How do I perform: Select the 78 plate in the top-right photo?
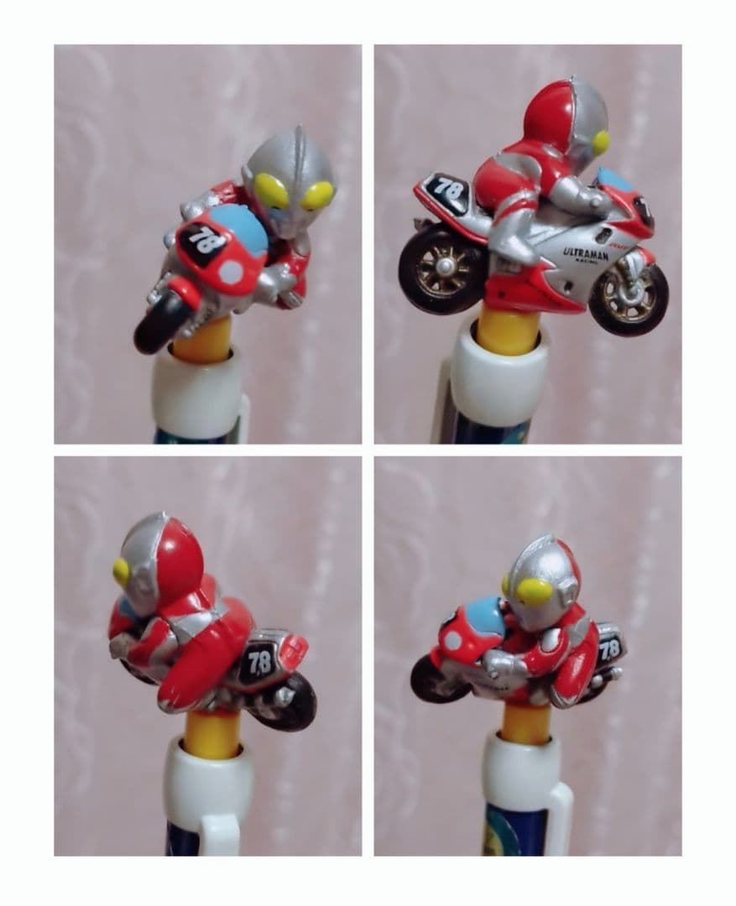coord(447,190)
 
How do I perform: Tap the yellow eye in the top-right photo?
coord(601,143)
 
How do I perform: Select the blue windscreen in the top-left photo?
coord(243,226)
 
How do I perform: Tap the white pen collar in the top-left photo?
coord(198,392)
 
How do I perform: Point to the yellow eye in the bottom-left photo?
coord(122,572)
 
